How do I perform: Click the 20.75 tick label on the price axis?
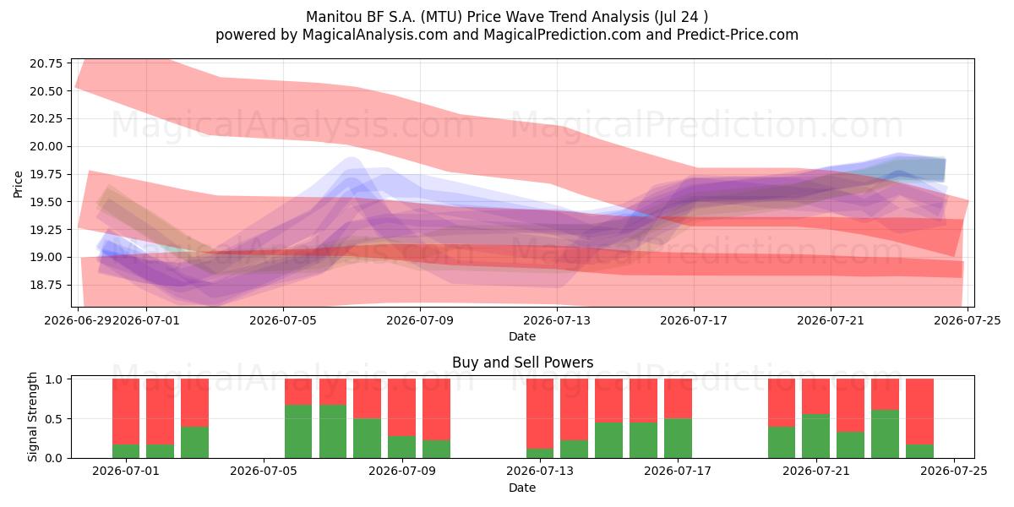[46, 63]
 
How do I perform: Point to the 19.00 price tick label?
[46, 257]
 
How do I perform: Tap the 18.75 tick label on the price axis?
[46, 286]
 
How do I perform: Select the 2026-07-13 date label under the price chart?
[557, 320]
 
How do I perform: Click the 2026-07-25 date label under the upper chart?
[968, 320]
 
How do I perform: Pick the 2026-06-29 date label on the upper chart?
[78, 320]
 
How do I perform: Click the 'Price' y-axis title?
[18, 184]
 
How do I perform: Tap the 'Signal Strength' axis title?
[32, 417]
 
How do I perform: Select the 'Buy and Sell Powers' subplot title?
[522, 363]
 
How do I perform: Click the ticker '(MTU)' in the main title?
[441, 17]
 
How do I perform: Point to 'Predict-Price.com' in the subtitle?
[738, 35]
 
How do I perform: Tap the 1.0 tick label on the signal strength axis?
[55, 379]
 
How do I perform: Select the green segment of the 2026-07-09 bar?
[402, 447]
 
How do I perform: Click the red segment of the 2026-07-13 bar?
[540, 414]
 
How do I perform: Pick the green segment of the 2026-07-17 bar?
[678, 439]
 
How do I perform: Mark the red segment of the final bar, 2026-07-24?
[920, 412]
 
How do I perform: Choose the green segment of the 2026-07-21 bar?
[816, 436]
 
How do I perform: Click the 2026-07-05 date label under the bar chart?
[264, 472]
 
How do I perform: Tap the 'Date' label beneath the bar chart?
[522, 488]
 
